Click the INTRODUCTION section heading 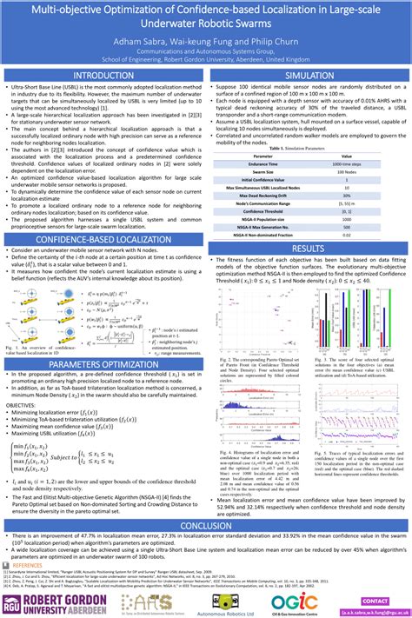(103, 76)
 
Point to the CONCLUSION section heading (205, 525)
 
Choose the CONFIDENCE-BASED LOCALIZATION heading (103, 239)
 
